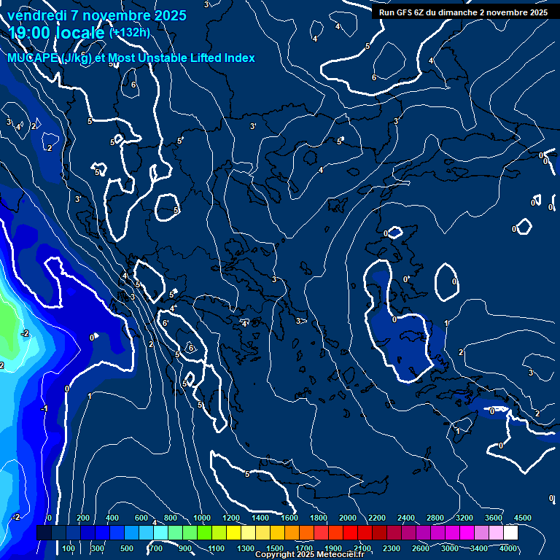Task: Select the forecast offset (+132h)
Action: [129, 33]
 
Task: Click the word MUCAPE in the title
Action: [34, 58]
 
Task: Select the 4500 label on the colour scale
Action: [523, 518]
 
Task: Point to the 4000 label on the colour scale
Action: [508, 548]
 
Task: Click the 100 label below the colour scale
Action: [69, 548]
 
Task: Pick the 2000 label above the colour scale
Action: [347, 518]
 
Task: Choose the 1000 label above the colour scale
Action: [201, 518]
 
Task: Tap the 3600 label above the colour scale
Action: [493, 518]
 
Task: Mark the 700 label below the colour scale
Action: [156, 548]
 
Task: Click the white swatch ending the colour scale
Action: [510, 533]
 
